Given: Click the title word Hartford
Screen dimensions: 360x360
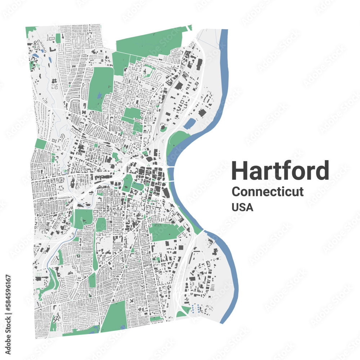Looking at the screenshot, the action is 280,171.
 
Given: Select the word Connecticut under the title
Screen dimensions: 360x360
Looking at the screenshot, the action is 267,192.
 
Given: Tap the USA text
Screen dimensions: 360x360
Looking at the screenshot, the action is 242,207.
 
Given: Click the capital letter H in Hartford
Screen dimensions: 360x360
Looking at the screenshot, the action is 240,171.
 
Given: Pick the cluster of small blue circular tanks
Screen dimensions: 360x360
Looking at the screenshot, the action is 197,309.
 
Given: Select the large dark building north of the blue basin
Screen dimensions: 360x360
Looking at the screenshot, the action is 202,113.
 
